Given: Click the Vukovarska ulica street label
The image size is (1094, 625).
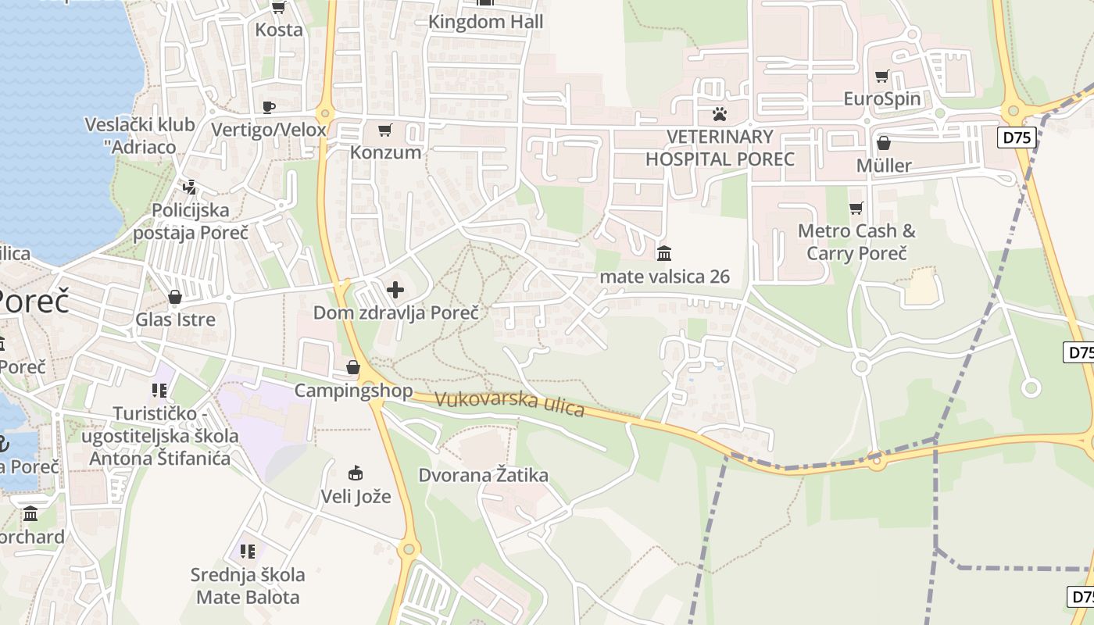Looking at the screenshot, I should tap(509, 403).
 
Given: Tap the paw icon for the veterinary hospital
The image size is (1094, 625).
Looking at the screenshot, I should tap(720, 114).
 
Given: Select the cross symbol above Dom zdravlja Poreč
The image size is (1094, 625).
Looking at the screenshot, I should tap(395, 291).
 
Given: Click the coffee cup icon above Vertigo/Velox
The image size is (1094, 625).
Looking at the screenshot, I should tap(269, 107).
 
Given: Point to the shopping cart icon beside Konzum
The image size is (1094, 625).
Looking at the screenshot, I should tap(384, 130).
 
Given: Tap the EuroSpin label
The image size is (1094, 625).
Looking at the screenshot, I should tap(882, 99).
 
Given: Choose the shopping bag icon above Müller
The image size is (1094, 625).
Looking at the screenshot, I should tap(884, 143).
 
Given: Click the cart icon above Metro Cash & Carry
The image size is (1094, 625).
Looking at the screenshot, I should tap(856, 209).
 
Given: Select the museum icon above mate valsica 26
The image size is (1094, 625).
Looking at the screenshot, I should tap(664, 253).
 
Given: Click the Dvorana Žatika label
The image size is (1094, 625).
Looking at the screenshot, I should tap(483, 475).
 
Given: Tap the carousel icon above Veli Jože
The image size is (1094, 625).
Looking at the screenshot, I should tap(356, 473).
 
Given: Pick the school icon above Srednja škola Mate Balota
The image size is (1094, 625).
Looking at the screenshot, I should tap(248, 552).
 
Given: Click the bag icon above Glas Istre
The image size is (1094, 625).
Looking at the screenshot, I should tap(175, 297).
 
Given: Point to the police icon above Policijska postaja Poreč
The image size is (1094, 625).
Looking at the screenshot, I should tap(189, 187).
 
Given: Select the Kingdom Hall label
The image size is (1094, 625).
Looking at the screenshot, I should tap(485, 22).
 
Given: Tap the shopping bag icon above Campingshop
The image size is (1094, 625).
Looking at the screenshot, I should tap(353, 367).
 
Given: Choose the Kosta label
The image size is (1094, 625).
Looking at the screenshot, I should tap(279, 30).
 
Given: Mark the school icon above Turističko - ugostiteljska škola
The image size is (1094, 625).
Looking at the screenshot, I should tap(159, 390).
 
